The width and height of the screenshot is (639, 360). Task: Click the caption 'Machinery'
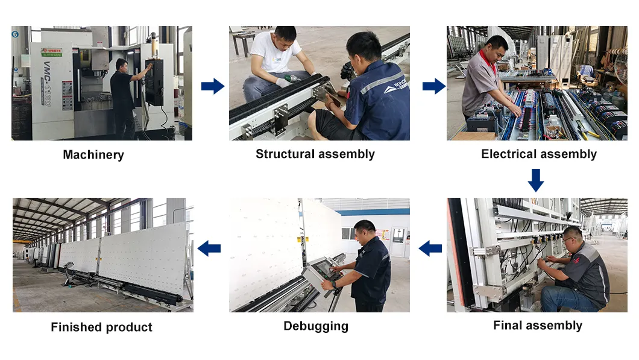(x=93, y=155)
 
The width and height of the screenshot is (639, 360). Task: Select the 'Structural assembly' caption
(x=315, y=154)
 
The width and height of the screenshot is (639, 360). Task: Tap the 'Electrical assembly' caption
(x=538, y=154)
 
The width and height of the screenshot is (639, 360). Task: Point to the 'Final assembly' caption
(x=537, y=326)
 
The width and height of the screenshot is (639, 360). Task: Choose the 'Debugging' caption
(x=315, y=326)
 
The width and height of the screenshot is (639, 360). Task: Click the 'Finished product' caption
(x=101, y=327)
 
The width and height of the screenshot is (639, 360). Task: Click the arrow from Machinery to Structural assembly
(x=212, y=86)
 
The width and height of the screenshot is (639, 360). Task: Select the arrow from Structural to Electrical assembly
(x=433, y=86)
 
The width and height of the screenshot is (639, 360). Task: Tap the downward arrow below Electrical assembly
(x=535, y=180)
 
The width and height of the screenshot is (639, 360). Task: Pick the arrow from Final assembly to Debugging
(x=430, y=247)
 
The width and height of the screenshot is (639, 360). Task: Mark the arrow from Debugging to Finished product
(x=209, y=247)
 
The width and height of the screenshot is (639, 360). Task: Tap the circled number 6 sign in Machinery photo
(x=15, y=34)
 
